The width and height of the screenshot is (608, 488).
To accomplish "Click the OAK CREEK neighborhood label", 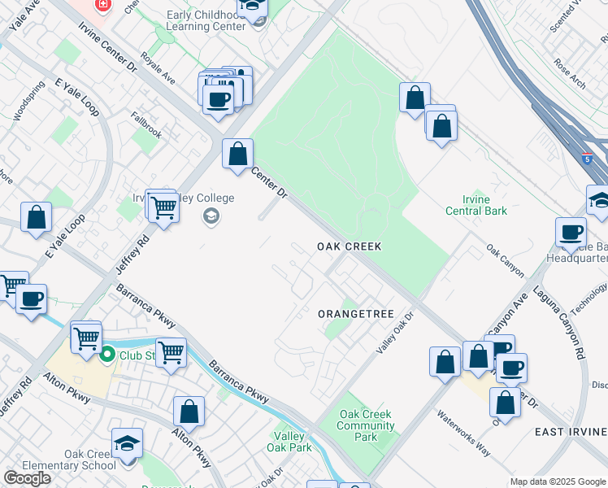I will click(x=349, y=246).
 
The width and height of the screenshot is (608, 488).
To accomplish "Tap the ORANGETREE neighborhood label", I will click(x=355, y=314).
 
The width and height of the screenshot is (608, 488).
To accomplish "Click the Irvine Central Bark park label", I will click(x=476, y=206).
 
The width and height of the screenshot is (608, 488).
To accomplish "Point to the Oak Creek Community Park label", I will click(x=366, y=425).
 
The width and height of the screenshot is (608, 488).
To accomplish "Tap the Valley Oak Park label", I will click(x=289, y=442).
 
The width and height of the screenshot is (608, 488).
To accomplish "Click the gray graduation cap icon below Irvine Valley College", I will click(x=211, y=216).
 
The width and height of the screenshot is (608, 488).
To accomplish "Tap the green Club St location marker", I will click(x=106, y=355).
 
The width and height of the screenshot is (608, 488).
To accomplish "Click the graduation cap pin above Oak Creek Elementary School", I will click(x=126, y=443).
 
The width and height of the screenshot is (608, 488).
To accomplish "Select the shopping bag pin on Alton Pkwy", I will click(x=189, y=412).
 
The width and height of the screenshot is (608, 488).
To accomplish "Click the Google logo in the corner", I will click(x=28, y=478).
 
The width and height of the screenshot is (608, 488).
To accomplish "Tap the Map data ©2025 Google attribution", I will click(x=558, y=481).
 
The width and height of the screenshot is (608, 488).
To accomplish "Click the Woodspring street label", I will click(x=28, y=100).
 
